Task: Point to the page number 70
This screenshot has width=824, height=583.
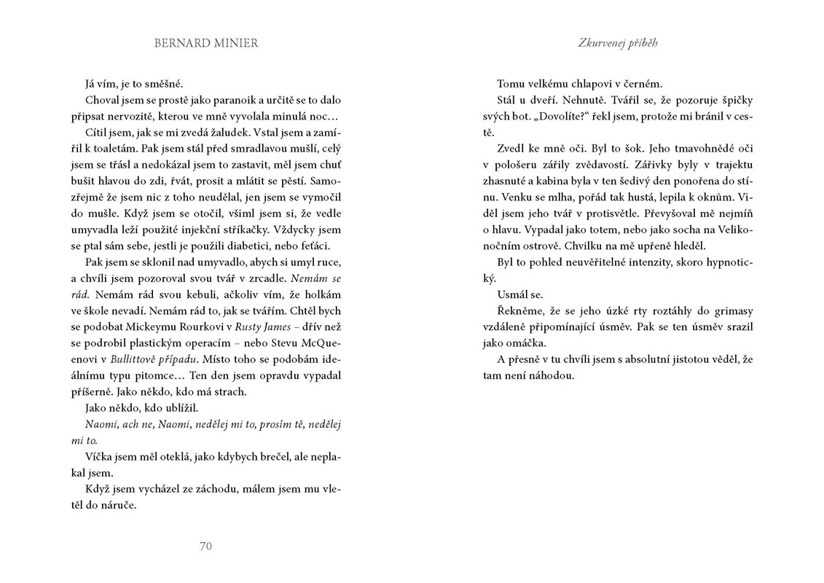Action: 205,546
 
